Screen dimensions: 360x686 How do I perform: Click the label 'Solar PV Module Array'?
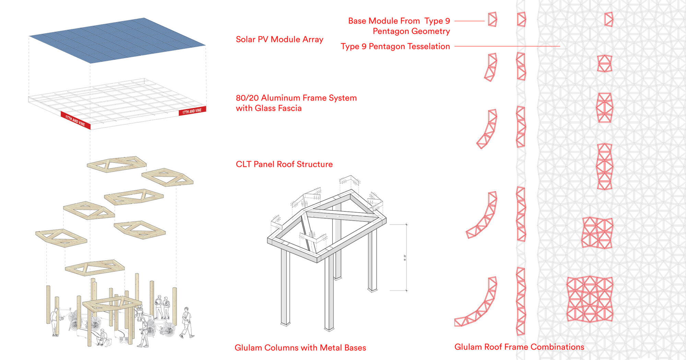click(x=279, y=39)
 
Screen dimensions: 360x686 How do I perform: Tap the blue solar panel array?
click(x=117, y=40)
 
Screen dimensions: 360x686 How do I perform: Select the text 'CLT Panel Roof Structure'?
click(x=284, y=164)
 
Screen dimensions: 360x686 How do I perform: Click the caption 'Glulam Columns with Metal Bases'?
click(x=300, y=348)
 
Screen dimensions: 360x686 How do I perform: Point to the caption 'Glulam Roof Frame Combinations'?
click(x=519, y=347)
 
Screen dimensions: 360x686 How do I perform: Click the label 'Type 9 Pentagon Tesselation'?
click(x=395, y=46)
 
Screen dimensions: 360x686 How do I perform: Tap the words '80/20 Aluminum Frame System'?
click(x=296, y=98)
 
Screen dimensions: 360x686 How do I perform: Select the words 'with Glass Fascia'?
click(x=269, y=108)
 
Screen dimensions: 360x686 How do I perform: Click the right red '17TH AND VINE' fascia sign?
click(x=192, y=111)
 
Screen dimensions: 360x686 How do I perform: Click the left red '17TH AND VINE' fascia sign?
click(x=75, y=120)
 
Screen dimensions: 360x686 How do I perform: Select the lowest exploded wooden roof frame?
click(x=95, y=267)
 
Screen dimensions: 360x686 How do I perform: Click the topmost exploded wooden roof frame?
click(x=117, y=164)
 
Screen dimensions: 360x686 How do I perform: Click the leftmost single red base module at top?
click(x=492, y=20)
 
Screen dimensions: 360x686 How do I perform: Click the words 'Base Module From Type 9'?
click(x=399, y=21)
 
